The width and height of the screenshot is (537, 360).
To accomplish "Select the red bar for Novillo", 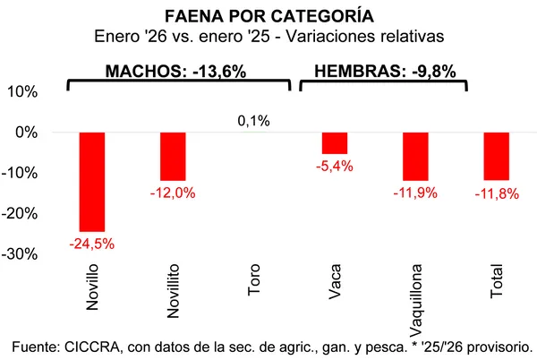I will click(x=91, y=181).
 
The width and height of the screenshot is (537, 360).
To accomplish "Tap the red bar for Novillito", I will click(x=173, y=156).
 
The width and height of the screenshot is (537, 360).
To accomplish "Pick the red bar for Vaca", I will click(x=335, y=142).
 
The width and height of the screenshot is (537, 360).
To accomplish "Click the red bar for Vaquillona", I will click(x=415, y=156).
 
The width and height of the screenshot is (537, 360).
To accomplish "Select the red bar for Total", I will click(x=496, y=156).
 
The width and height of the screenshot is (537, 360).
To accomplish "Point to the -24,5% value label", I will click(x=91, y=243).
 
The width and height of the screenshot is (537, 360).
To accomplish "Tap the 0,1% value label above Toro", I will click(x=253, y=121).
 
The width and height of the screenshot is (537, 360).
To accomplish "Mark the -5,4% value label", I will click(x=335, y=167).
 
